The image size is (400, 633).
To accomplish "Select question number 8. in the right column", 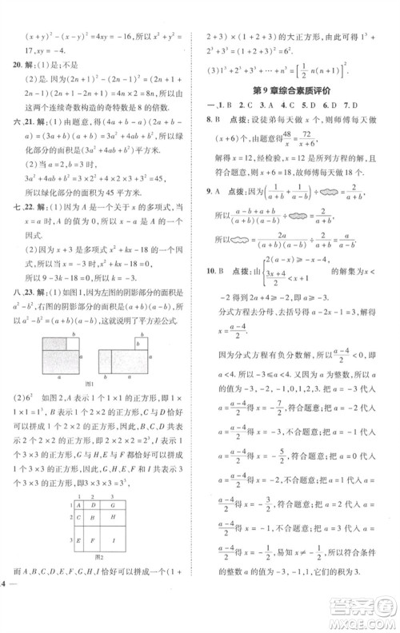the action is (210, 118).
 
